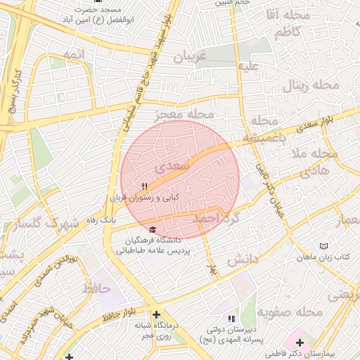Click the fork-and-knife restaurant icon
pos(144,187)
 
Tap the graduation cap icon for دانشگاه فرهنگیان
pos(153,229)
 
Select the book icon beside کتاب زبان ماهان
pos(323,247)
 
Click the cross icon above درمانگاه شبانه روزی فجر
pos(156,314)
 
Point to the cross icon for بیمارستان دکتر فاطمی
pos(300,342)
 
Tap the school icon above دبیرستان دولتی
pos(232,319)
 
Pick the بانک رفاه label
pos(101,220)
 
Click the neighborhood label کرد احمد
pos(217,219)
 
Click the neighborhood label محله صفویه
pos(289,311)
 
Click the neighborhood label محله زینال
pos(311,86)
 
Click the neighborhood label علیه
pos(252,67)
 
